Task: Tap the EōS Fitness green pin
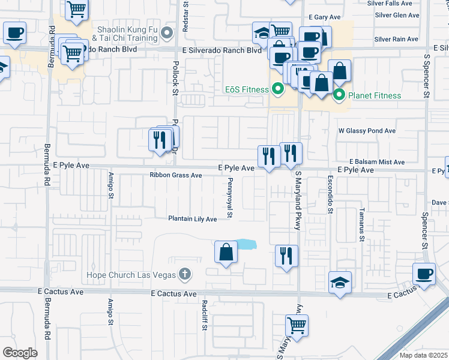[277, 90]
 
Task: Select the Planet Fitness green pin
[339, 95]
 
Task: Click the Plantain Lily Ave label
[192, 219]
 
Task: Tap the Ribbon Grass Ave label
[176, 175]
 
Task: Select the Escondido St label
[330, 194]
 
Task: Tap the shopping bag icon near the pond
[226, 253]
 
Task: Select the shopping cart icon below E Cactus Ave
[297, 326]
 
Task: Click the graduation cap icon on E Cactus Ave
[340, 283]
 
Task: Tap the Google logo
[20, 352]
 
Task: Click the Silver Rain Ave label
[395, 39]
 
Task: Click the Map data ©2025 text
[424, 355]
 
